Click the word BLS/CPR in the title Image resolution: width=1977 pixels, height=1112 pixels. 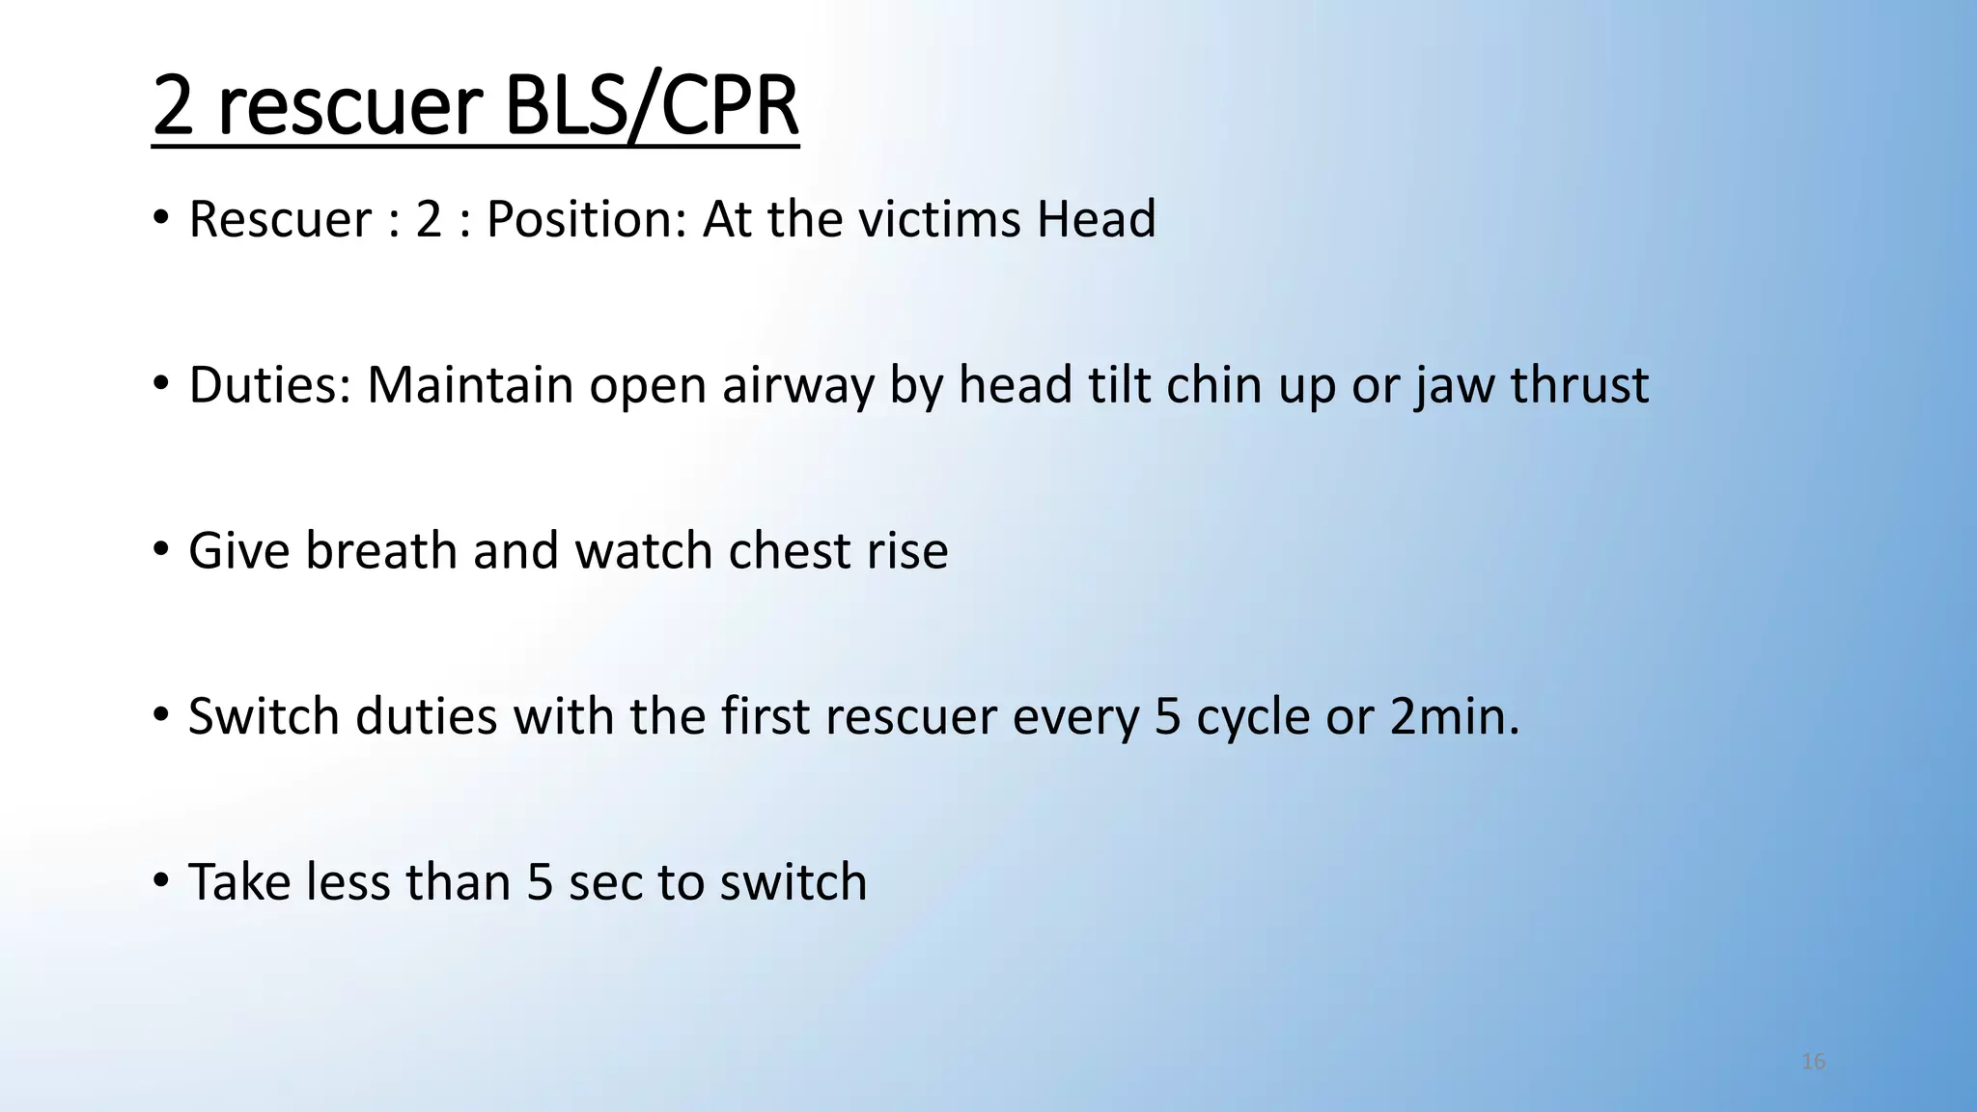652,106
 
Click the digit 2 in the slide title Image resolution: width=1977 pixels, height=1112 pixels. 174,106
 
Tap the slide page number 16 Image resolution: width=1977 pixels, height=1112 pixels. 1813,1062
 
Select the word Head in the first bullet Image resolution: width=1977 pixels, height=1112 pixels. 1096,219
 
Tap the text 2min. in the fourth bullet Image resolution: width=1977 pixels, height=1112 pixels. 1455,717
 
